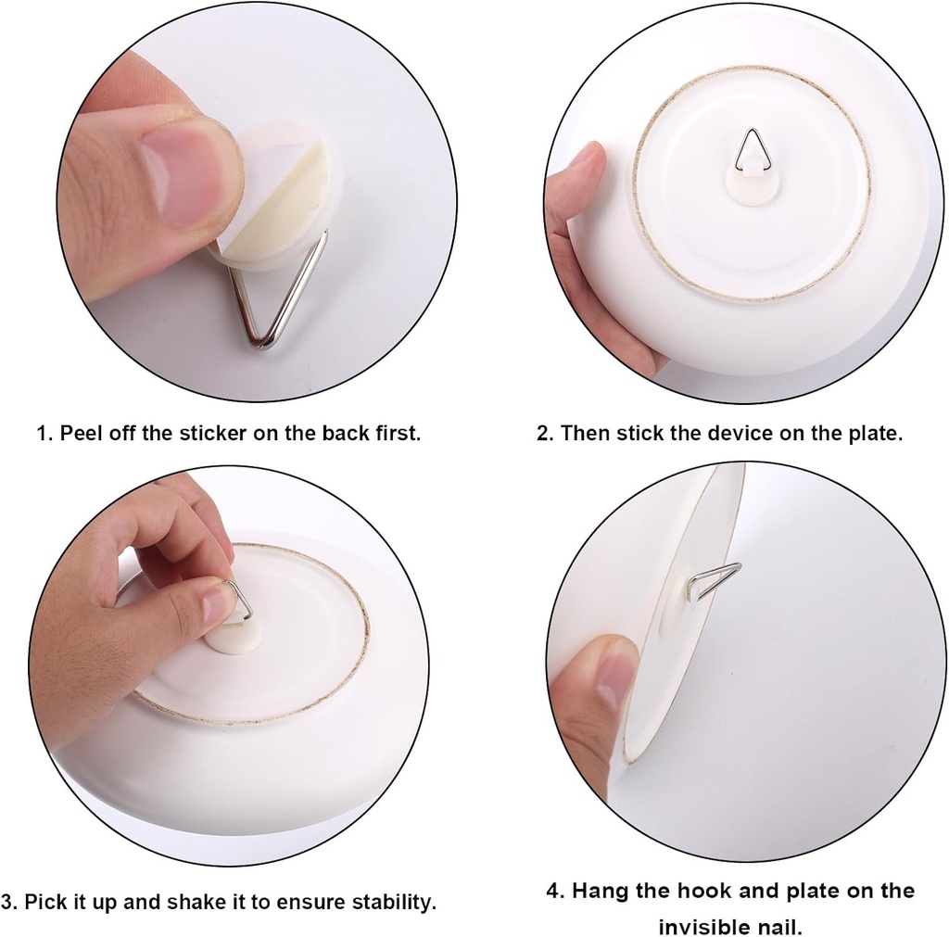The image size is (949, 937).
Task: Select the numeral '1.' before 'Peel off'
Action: tap(44, 433)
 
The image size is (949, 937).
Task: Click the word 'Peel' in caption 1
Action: tap(80, 433)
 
